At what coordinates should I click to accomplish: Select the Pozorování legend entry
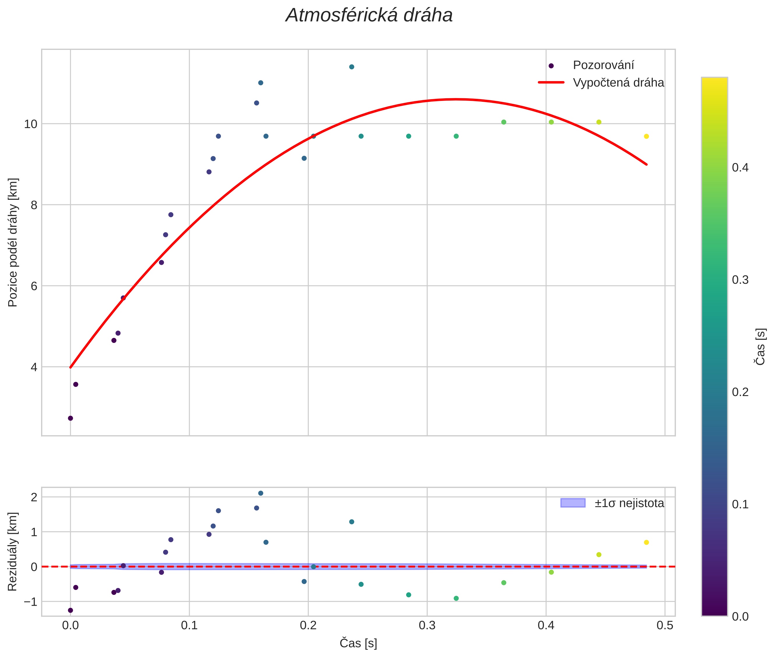pyautogui.click(x=603, y=65)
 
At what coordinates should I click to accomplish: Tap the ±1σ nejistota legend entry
pyautogui.click(x=629, y=503)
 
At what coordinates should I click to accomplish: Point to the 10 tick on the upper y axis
pyautogui.click(x=31, y=124)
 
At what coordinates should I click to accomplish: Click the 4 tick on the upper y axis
pyautogui.click(x=34, y=367)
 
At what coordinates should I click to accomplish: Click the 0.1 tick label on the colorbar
pyautogui.click(x=740, y=504)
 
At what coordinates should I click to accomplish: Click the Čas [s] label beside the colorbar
pyautogui.click(x=761, y=346)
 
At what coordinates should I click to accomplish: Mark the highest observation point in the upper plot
pyautogui.click(x=351, y=67)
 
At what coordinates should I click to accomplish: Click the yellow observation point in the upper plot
pyautogui.click(x=646, y=136)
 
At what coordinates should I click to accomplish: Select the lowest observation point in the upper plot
pyautogui.click(x=70, y=418)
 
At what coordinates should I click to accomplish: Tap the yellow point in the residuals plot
pyautogui.click(x=646, y=542)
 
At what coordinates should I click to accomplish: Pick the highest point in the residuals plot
pyautogui.click(x=260, y=493)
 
